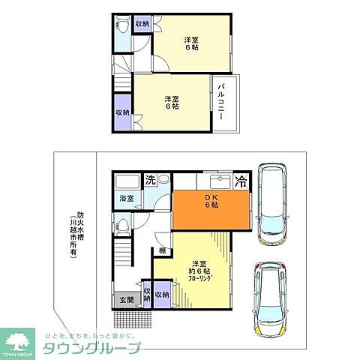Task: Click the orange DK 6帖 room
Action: click(x=210, y=211)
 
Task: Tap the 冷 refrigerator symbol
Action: click(x=241, y=181)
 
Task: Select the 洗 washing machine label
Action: click(x=150, y=181)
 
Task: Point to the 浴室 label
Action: click(x=126, y=199)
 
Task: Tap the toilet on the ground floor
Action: click(x=123, y=224)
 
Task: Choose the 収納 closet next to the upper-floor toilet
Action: click(x=142, y=25)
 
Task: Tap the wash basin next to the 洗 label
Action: click(x=164, y=181)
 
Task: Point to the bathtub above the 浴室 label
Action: click(x=127, y=182)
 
